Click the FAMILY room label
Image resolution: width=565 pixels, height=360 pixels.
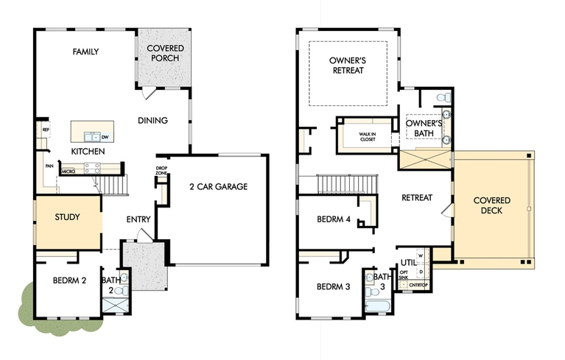[85, 52]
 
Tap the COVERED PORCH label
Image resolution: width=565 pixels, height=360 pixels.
[166, 53]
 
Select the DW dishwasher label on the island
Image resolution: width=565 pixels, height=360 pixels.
[105, 137]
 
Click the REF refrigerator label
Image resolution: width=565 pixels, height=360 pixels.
[46, 130]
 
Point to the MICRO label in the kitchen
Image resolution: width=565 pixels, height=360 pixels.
[68, 172]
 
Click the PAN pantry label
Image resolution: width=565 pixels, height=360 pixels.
[49, 166]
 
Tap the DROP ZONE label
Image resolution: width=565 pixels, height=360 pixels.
[161, 171]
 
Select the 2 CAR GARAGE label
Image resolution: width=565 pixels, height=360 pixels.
[219, 186]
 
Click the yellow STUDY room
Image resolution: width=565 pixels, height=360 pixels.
[68, 222]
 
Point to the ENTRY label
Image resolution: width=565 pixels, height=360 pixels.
[138, 219]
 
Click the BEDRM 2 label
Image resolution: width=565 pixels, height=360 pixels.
[69, 280]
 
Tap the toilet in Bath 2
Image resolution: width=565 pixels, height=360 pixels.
[123, 290]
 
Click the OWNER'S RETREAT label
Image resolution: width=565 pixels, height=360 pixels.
[348, 66]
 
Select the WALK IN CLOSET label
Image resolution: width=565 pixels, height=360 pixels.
[367, 137]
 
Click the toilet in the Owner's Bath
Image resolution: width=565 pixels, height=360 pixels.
[443, 97]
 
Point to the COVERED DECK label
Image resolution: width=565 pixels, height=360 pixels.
[492, 205]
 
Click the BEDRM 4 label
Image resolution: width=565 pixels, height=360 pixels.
[334, 219]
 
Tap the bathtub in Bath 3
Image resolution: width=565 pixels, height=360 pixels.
[378, 307]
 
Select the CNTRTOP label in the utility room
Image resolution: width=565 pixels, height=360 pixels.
[418, 285]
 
